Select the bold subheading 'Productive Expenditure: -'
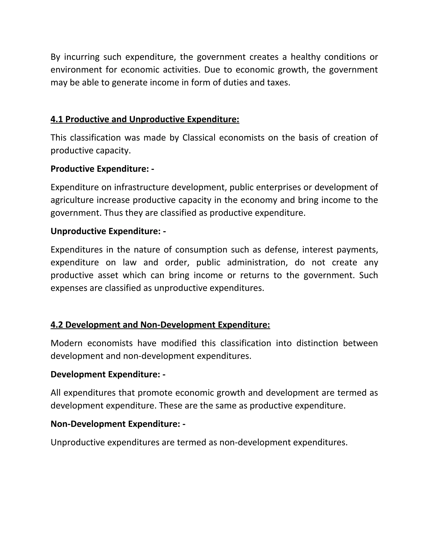[102, 169]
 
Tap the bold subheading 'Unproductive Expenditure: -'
[108, 231]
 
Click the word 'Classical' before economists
[199, 137]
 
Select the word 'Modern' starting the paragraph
[66, 343]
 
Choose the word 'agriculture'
[72, 200]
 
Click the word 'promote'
[155, 393]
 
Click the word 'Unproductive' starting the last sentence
[78, 442]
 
